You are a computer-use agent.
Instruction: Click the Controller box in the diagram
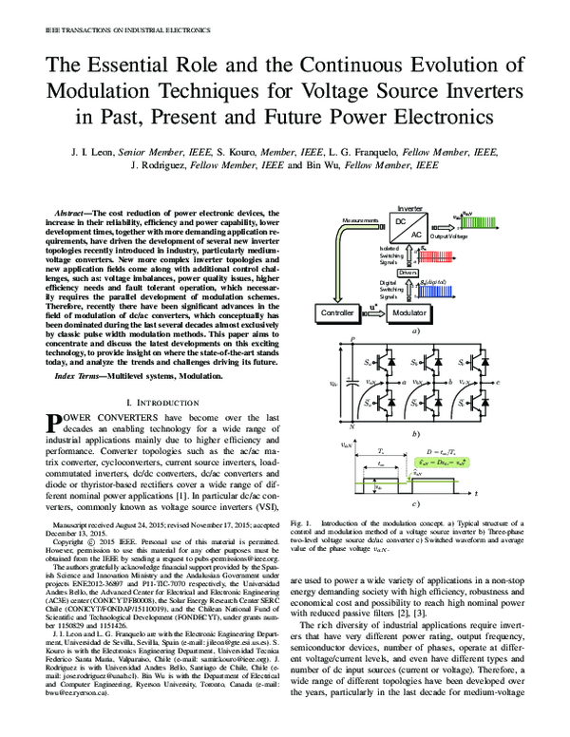tap(337, 339)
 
